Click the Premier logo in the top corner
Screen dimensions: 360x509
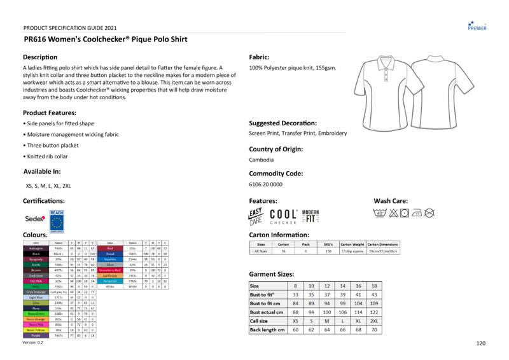[x=477, y=25]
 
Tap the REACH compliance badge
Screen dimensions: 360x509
[x=57, y=220]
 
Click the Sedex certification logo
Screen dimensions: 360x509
[x=35, y=219]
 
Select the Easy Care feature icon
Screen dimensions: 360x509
[x=255, y=216]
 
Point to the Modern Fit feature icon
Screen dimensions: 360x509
[x=310, y=216]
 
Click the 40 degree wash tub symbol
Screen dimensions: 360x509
[x=379, y=213]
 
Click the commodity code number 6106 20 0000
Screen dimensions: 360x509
[x=265, y=184]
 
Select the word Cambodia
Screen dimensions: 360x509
[x=261, y=160]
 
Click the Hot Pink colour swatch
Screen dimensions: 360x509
[x=36, y=280]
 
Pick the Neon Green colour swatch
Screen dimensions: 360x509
[x=36, y=314]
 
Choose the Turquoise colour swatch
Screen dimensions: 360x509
[x=110, y=280]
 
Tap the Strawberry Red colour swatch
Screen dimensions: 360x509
[x=110, y=270]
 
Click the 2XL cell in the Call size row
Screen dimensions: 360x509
[x=373, y=321]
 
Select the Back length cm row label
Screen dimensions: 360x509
[x=267, y=330]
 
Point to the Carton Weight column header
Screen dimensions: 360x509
[x=352, y=244]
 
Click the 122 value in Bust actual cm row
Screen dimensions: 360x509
[x=373, y=312]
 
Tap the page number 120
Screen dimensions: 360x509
[x=481, y=343]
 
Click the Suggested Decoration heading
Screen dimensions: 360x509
[x=282, y=123]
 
